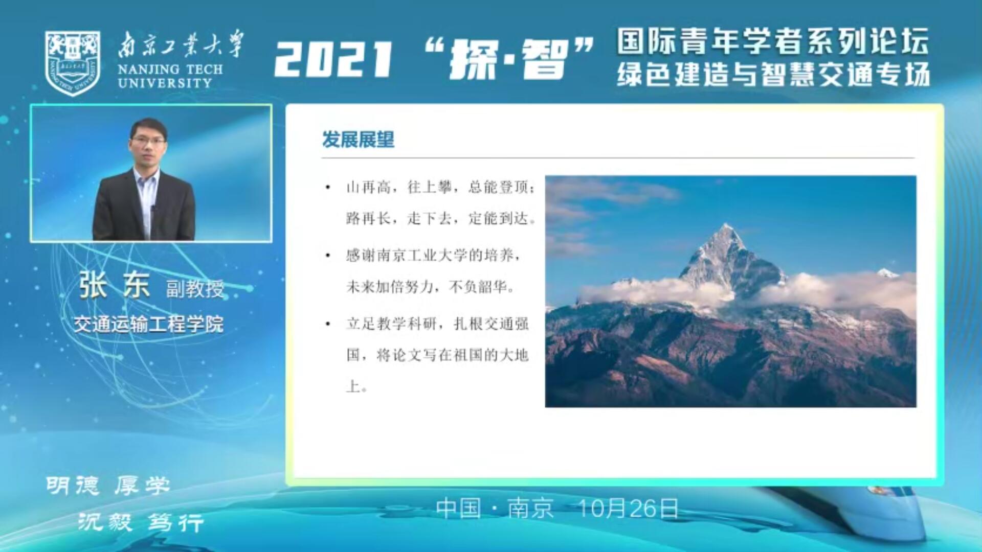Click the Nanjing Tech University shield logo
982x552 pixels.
click(72, 63)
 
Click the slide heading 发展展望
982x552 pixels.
click(358, 139)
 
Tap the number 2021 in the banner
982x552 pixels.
click(333, 59)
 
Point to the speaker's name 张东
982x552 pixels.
click(114, 285)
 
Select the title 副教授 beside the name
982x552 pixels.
click(195, 289)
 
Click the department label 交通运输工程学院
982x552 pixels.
click(148, 324)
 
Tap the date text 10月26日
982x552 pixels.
click(628, 509)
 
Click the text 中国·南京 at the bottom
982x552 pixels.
click(495, 509)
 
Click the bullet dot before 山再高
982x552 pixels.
click(328, 188)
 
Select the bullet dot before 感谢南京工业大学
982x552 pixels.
click(328, 255)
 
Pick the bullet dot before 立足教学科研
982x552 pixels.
click(328, 324)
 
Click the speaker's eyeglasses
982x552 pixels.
click(148, 140)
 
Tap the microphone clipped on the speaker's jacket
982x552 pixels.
click(152, 209)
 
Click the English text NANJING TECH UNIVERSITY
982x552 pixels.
click(170, 76)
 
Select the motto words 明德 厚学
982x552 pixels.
click(108, 486)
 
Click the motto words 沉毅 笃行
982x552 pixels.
click(141, 522)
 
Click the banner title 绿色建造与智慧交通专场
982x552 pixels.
click(773, 75)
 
